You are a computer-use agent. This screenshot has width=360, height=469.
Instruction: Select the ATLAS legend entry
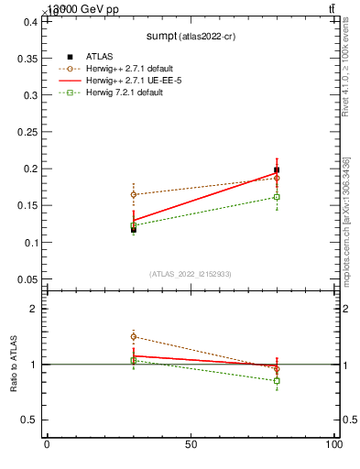(99, 57)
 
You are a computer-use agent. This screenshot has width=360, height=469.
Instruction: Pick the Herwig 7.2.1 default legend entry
(126, 93)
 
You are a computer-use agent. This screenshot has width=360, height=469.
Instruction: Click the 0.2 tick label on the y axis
(28, 169)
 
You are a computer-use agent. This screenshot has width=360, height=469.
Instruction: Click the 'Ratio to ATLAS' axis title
(14, 365)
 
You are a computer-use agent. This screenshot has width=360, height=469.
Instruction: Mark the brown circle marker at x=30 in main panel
(134, 194)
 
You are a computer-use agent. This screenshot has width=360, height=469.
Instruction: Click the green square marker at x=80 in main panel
(277, 197)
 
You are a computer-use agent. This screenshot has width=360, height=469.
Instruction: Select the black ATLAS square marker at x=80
(277, 169)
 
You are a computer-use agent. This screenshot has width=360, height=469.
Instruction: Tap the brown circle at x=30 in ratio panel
(134, 337)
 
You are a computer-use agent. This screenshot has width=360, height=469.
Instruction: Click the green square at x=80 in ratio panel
(277, 381)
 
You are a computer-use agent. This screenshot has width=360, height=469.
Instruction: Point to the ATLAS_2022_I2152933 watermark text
(190, 274)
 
